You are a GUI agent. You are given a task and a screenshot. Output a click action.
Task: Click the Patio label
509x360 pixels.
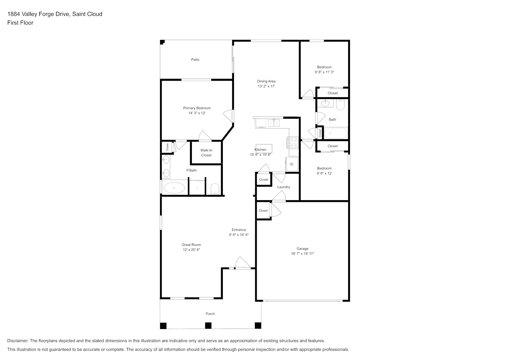(195, 59)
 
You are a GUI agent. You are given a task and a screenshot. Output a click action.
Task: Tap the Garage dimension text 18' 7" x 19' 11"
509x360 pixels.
(302, 254)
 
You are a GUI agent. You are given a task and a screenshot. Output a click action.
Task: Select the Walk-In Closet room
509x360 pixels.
(206, 153)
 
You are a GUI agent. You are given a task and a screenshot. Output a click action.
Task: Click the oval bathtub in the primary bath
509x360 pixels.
(174, 188)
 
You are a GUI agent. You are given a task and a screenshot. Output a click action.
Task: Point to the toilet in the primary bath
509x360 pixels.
(215, 189)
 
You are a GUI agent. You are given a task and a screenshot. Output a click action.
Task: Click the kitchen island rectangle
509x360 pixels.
(264, 148)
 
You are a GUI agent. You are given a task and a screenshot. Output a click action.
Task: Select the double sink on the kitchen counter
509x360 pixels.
(274, 123)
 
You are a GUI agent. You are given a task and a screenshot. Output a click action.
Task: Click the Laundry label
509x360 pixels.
(284, 187)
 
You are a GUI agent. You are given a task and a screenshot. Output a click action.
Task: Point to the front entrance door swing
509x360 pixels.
(243, 262)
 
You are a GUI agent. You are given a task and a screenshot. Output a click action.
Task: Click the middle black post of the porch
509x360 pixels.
(208, 325)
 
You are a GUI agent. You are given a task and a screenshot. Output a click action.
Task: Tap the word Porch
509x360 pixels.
(210, 314)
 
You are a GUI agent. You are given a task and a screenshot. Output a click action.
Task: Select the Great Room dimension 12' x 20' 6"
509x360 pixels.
(192, 249)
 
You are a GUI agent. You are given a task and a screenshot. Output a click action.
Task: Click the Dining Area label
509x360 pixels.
(266, 81)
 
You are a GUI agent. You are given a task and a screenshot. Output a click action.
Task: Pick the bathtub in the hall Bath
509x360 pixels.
(336, 133)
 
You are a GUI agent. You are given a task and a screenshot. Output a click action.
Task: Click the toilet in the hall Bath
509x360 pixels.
(340, 104)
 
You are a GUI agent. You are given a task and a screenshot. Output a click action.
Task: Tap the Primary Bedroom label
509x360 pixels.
(197, 108)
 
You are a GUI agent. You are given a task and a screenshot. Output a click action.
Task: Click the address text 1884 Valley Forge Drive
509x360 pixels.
(39, 14)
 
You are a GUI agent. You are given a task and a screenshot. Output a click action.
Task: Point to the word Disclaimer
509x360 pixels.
(18, 341)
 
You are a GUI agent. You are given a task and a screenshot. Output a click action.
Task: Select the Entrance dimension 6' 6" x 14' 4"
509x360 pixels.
(239, 235)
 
